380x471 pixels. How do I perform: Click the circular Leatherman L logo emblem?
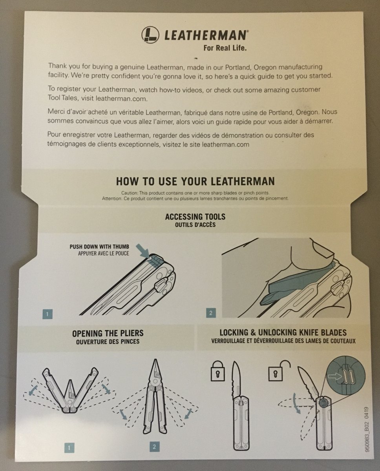point(150,35)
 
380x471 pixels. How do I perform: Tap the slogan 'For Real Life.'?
point(225,48)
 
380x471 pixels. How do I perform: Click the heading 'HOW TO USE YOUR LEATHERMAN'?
point(195,181)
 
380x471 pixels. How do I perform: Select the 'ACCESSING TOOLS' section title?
point(195,217)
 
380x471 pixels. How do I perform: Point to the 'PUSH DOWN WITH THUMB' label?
point(99,246)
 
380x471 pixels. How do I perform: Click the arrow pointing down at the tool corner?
point(142,251)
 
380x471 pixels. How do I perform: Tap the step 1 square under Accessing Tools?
point(47,314)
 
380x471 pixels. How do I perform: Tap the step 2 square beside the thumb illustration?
point(211,313)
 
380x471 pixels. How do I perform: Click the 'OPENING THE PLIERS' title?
point(108,333)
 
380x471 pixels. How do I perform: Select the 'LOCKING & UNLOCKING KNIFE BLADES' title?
point(283,332)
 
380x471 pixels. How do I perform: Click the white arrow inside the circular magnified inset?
point(335,376)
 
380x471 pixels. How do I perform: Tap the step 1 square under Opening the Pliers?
point(69,447)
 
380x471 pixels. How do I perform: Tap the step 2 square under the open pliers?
point(155,447)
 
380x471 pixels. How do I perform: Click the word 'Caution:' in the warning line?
point(130,193)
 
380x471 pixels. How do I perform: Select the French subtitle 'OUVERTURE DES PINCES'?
point(108,341)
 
